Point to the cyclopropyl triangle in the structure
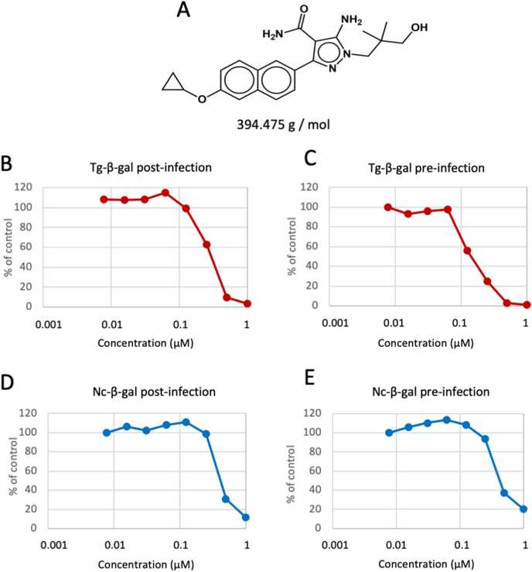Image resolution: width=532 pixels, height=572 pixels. click(x=174, y=81)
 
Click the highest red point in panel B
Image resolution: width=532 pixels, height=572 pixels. click(x=165, y=193)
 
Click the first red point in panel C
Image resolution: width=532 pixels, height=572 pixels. click(x=387, y=207)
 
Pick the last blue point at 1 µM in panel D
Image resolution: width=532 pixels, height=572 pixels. click(x=246, y=517)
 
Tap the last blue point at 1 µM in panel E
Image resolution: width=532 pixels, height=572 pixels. click(x=523, y=509)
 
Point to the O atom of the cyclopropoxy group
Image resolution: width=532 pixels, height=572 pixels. click(x=202, y=98)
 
